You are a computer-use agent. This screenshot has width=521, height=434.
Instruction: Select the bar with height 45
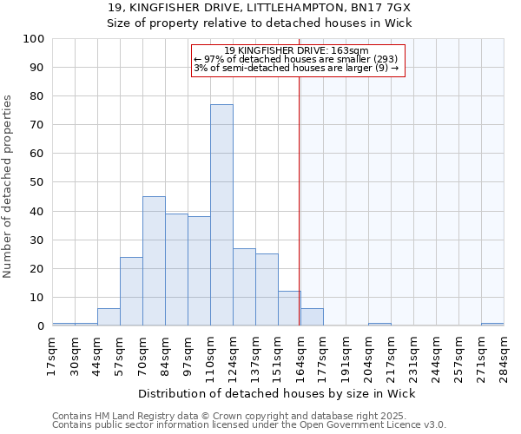pyautogui.click(x=154, y=260)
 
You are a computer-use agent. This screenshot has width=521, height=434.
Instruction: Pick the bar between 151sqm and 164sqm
pyautogui.click(x=289, y=308)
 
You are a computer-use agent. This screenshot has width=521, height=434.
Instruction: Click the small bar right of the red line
pyautogui.click(x=312, y=317)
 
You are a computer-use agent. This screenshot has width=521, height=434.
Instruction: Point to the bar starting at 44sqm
pyautogui.click(x=109, y=317)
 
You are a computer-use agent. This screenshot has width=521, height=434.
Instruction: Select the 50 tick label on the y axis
pyautogui.click(x=37, y=182)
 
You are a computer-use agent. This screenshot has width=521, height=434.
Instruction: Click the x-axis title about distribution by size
pyautogui.click(x=276, y=394)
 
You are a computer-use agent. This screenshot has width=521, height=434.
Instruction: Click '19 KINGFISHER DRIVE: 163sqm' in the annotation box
pyautogui.click(x=296, y=50)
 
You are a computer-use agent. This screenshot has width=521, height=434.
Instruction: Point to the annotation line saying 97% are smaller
pyautogui.click(x=296, y=59)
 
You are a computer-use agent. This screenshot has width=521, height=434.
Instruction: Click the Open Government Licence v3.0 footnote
pyautogui.click(x=249, y=425)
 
